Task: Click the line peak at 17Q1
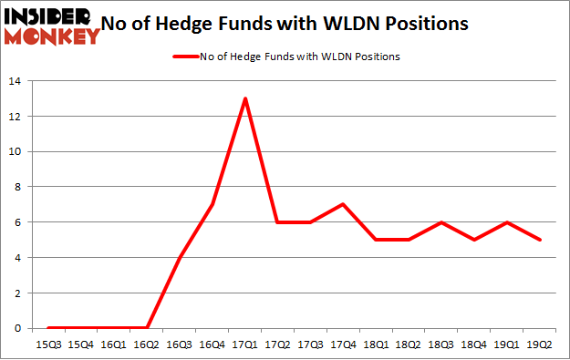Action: pyautogui.click(x=245, y=98)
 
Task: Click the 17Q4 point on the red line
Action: pyautogui.click(x=344, y=204)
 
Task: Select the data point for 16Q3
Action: pyautogui.click(x=180, y=258)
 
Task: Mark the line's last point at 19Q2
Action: pyautogui.click(x=541, y=240)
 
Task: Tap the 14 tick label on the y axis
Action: pyautogui.click(x=16, y=81)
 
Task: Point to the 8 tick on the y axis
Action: pyautogui.click(x=18, y=187)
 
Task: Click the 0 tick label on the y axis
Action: pyautogui.click(x=18, y=328)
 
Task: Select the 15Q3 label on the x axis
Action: pyautogui.click(x=47, y=345)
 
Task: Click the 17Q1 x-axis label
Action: pyautogui.click(x=245, y=345)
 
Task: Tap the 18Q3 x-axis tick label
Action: pyautogui.click(x=442, y=345)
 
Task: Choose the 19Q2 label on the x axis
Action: pyautogui.click(x=541, y=345)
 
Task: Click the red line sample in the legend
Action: pyautogui.click(x=187, y=57)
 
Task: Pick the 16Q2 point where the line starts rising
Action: pyautogui.click(x=147, y=328)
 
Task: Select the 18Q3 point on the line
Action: pyautogui.click(x=442, y=222)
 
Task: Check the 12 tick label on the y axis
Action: pyautogui.click(x=16, y=117)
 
